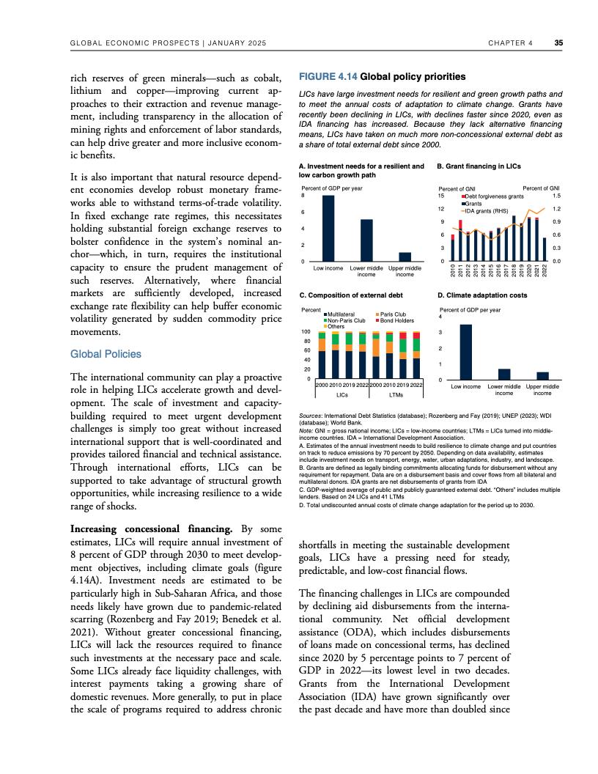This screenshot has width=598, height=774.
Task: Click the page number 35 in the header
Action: (558, 43)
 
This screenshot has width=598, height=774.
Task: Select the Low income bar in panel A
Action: (328, 228)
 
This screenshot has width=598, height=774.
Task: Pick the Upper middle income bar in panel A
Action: (405, 257)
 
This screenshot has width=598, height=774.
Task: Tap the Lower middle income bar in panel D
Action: (503, 374)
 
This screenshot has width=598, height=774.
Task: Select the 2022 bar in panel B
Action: (545, 249)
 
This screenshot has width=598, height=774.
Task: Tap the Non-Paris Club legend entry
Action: (346, 320)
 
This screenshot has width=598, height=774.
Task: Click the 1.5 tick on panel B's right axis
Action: (556, 196)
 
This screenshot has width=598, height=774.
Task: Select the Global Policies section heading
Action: (106, 354)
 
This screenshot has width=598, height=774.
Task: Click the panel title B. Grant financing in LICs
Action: (479, 166)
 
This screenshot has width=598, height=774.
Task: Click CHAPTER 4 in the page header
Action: (509, 43)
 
